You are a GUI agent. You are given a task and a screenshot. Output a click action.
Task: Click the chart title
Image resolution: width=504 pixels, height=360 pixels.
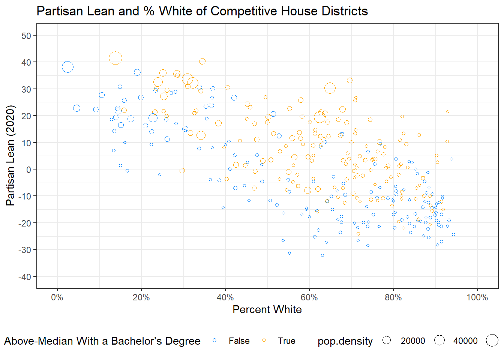(x=202, y=11)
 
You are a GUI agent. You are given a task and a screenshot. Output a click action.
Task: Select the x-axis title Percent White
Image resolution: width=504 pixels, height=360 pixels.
(x=267, y=310)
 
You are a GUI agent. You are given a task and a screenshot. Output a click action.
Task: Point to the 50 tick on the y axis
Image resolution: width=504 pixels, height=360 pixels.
(x=27, y=36)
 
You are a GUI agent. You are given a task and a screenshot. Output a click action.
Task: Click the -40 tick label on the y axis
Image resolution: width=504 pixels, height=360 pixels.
(x=25, y=277)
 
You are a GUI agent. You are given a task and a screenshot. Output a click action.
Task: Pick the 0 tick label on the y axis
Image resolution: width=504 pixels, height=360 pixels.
(x=29, y=169)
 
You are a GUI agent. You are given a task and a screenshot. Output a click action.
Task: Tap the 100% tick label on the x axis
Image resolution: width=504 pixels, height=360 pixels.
(x=477, y=298)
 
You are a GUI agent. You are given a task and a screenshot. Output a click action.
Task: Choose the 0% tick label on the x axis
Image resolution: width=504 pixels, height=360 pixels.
(x=57, y=298)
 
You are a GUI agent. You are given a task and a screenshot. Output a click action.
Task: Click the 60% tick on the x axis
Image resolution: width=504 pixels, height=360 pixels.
(x=309, y=298)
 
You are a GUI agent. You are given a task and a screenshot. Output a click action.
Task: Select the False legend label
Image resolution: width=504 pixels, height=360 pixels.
(x=239, y=341)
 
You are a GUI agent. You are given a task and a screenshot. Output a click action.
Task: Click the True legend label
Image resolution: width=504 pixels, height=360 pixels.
(x=286, y=341)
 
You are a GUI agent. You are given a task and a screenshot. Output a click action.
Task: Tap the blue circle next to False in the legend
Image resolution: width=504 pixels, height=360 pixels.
(x=214, y=340)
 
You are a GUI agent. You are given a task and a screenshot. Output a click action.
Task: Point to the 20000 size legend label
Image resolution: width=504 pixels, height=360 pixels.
(x=413, y=341)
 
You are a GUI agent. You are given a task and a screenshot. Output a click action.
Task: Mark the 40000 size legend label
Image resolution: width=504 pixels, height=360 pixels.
(x=465, y=341)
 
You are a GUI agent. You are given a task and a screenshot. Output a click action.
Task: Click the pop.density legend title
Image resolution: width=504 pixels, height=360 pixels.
(x=345, y=341)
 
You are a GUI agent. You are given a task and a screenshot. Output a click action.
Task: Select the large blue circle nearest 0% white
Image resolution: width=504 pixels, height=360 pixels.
(x=67, y=67)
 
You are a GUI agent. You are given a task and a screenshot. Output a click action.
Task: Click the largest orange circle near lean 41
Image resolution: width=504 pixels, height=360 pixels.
(x=115, y=58)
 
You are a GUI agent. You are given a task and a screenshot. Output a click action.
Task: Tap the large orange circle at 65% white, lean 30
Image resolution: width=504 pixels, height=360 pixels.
(x=330, y=88)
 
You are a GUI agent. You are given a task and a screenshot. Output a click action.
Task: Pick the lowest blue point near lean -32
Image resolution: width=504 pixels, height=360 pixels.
(x=322, y=255)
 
